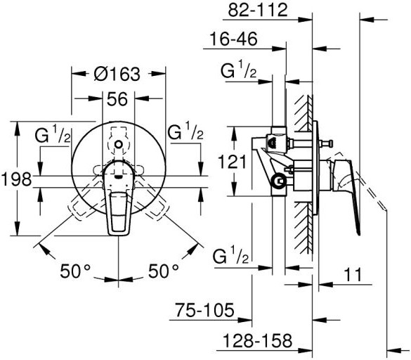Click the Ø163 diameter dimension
coord(117,75)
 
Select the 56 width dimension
coord(117,99)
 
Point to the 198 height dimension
coord(16,179)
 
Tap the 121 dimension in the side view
coord(233,162)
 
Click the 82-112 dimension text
coord(258,11)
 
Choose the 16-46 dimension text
coord(233,39)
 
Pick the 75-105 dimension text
coord(204,310)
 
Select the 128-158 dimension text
coord(257,340)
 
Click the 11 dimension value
coord(353,274)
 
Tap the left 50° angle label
coord(75,271)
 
